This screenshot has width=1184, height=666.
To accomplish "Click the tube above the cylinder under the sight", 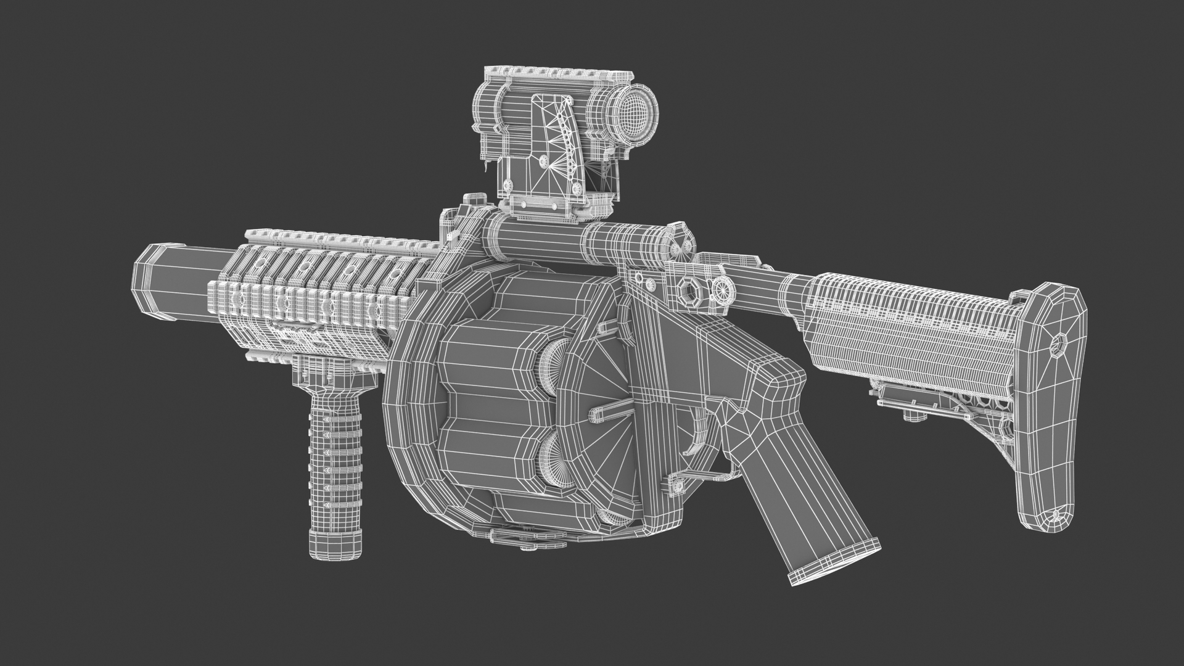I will click(543, 240).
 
